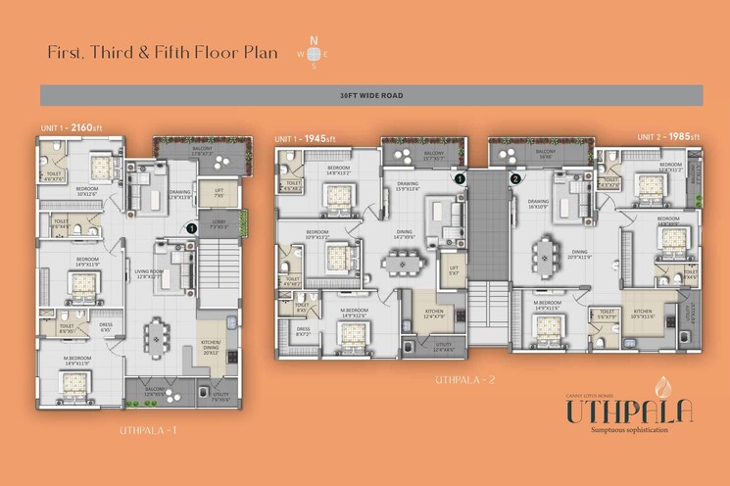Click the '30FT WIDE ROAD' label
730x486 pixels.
tap(370, 95)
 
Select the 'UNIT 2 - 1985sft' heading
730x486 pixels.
tap(669, 137)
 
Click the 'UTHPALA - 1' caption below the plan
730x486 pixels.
tap(147, 429)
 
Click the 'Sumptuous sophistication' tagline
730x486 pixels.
tap(628, 430)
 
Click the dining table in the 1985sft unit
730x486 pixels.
tap(544, 258)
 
